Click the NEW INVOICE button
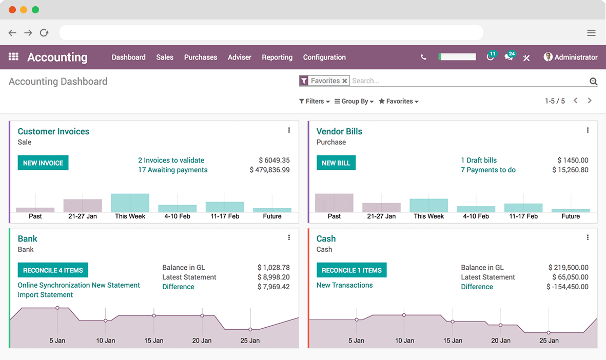click(43, 163)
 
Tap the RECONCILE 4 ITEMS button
click(53, 270)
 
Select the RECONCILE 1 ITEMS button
click(351, 270)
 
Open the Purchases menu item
click(201, 57)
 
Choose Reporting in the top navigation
click(277, 57)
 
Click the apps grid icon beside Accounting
click(14, 57)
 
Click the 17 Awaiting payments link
click(173, 170)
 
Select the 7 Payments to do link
click(488, 170)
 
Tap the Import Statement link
click(45, 295)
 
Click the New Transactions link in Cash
click(344, 285)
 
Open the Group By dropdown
click(354, 102)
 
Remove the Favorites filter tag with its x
click(345, 81)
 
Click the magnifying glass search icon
click(593, 81)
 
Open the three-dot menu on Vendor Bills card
click(588, 130)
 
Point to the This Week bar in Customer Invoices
click(130, 203)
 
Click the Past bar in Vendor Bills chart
click(334, 203)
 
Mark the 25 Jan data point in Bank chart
click(250, 329)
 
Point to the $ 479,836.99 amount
click(269, 170)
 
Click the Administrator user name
click(576, 57)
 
